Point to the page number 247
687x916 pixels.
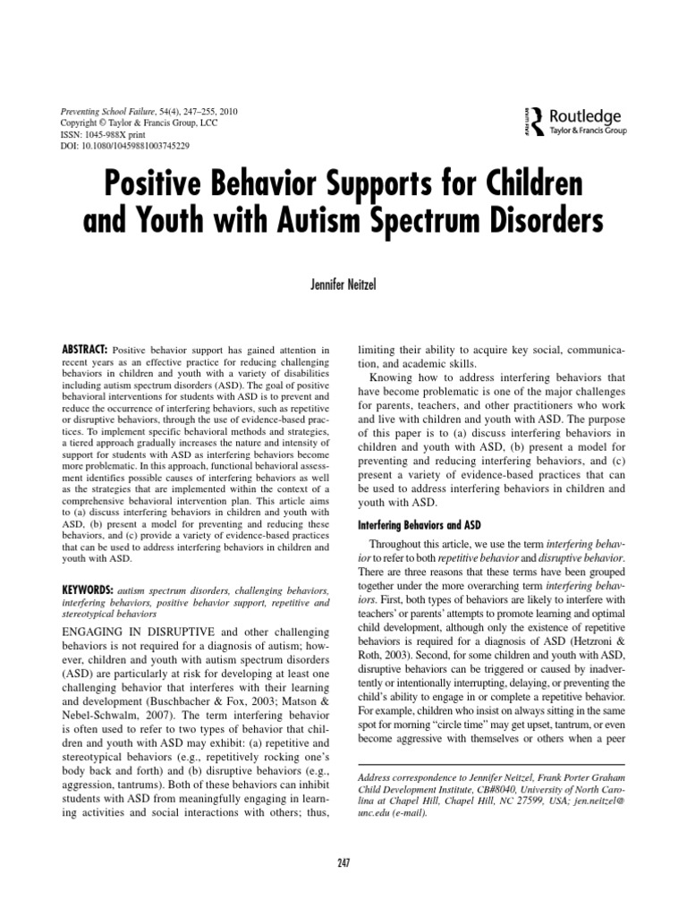click(343, 861)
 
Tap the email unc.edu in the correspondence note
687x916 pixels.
click(376, 813)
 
